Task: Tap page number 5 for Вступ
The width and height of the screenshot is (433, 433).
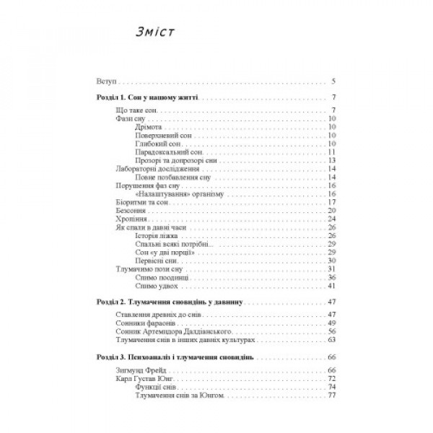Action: [x=334, y=82]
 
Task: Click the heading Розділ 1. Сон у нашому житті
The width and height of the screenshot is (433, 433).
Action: [x=148, y=97]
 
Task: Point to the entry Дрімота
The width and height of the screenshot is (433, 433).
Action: [x=149, y=127]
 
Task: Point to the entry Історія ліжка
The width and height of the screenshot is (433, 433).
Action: [x=157, y=235]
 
